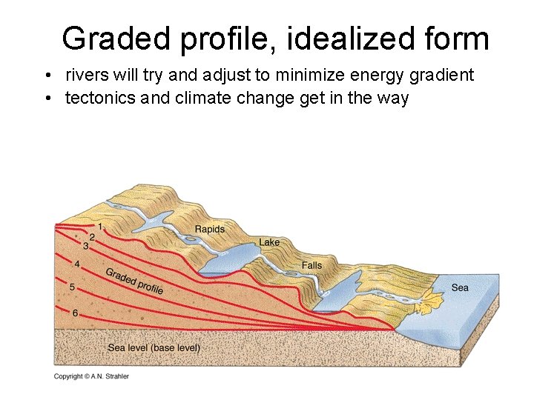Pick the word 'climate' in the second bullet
click(x=198, y=97)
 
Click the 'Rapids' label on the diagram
click(x=209, y=229)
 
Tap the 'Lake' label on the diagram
click(x=269, y=242)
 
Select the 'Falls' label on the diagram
click(x=311, y=265)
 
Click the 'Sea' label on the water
click(x=460, y=287)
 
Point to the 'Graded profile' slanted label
click(x=134, y=280)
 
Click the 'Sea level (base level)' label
click(x=154, y=347)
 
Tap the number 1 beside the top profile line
click(x=100, y=225)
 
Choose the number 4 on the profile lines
click(x=77, y=263)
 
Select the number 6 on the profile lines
click(x=75, y=313)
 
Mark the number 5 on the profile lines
click(x=72, y=287)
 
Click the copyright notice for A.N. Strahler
click(x=91, y=376)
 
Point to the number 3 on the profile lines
click(x=86, y=245)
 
